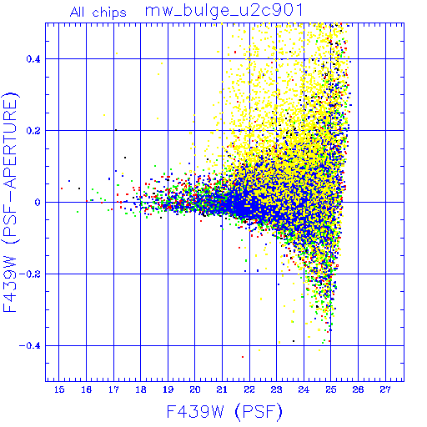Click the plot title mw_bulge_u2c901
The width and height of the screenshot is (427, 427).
tap(224, 11)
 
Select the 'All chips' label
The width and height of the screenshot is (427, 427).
tap(98, 13)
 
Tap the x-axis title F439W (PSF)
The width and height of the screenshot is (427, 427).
tap(224, 412)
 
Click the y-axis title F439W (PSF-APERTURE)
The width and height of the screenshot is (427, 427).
tap(10, 202)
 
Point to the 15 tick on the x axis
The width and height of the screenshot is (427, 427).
tap(59, 389)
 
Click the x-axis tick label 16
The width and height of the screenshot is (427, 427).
tap(87, 389)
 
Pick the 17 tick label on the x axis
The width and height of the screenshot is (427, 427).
tap(113, 389)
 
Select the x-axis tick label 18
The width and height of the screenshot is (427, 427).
tap(141, 389)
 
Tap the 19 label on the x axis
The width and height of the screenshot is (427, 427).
tap(168, 389)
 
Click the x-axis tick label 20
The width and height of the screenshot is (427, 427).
tap(195, 389)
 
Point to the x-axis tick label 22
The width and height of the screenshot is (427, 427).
tap(249, 389)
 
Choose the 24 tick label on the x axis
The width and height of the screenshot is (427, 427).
tap(304, 389)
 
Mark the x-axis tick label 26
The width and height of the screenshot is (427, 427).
tap(358, 389)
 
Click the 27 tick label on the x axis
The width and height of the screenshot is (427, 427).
tap(385, 389)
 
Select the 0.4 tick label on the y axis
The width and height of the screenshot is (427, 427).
tap(33, 59)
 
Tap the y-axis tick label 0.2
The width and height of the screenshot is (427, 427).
tap(33, 131)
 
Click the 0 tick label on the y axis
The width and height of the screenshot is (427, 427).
tap(38, 203)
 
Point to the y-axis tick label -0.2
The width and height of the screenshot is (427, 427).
tap(30, 274)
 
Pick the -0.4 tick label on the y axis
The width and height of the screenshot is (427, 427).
tap(30, 346)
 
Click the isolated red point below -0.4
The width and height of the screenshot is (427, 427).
tap(243, 357)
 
